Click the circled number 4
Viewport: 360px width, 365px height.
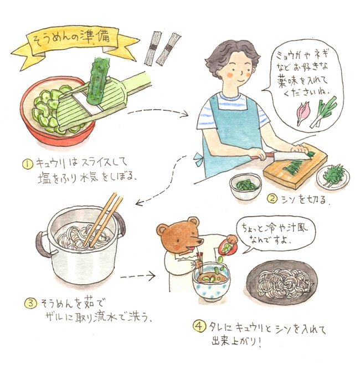point(197,329)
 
